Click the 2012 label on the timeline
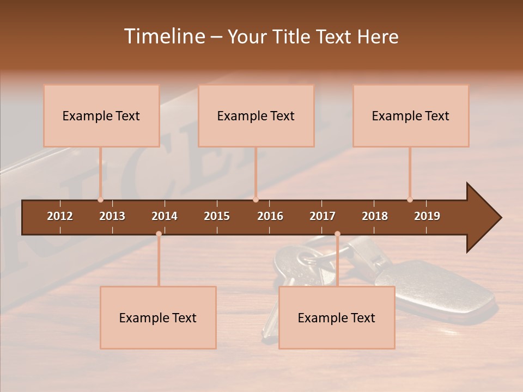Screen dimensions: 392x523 pos(60,216)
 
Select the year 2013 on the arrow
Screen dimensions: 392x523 pos(112,216)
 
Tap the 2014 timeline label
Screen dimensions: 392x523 pos(165,216)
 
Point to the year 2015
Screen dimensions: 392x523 pos(217,216)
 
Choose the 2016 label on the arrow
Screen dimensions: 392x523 pos(270,216)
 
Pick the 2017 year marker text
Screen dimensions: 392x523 pos(323,216)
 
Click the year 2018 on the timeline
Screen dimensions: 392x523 pos(375,216)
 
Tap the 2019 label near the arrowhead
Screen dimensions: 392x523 pos(427,216)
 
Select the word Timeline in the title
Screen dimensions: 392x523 pos(164,36)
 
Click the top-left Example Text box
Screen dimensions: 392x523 pos(101,115)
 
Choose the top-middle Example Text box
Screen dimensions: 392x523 pos(256,115)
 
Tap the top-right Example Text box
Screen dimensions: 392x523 pos(411,115)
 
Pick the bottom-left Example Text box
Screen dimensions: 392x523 pos(158,317)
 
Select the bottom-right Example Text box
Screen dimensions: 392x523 pos(337,317)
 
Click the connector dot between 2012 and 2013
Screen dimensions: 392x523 pos(100,200)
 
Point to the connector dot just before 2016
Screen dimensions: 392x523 pos(256,200)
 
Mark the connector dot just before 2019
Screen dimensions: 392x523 pos(410,200)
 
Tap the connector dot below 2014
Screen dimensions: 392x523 pos(159,234)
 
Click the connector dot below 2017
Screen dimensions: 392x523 pos(337,234)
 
